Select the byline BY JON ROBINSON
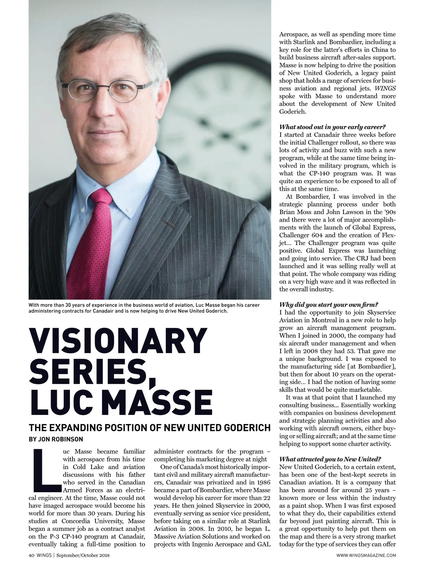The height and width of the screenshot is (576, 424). [56, 439]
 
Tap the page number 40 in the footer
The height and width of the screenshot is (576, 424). [31, 556]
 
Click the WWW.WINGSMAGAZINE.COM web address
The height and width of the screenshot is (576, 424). [366, 556]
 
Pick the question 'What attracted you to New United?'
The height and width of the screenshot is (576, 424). [330, 459]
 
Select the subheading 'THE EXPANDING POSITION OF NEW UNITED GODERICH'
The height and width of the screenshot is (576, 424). [149, 428]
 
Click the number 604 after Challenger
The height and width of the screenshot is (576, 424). [328, 235]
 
